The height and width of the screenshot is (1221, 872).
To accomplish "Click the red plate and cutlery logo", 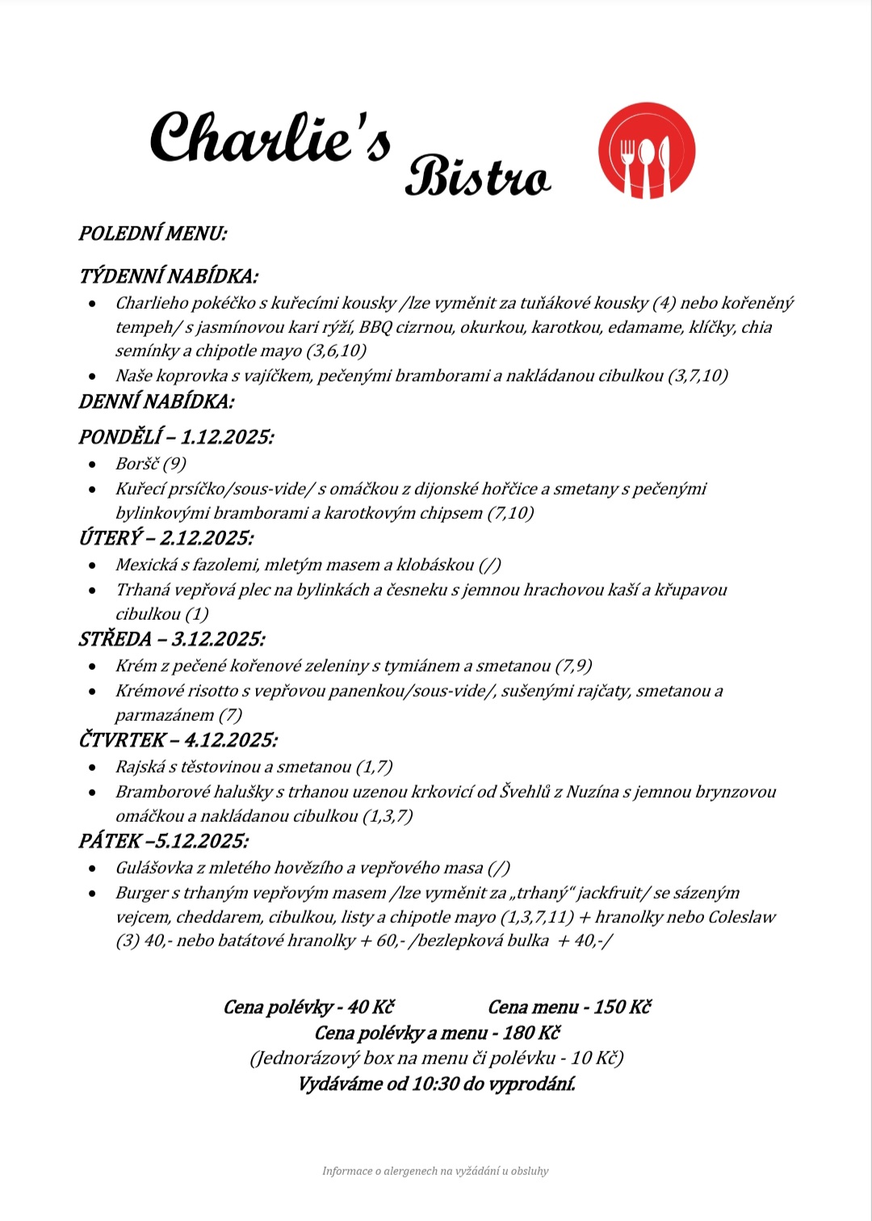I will [x=646, y=150].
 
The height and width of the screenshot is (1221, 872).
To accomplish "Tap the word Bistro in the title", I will [x=477, y=177].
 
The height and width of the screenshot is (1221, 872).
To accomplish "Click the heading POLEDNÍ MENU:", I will [x=153, y=234].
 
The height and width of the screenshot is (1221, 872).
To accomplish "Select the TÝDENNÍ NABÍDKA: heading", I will [x=168, y=276].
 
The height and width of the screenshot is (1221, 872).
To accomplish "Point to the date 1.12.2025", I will [x=227, y=437].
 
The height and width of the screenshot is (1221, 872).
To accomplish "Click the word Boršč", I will [x=137, y=464].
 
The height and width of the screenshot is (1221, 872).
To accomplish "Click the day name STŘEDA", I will [x=115, y=639].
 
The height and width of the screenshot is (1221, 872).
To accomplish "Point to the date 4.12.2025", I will [x=231, y=740].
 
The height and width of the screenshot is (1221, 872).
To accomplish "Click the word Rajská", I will [x=139, y=767].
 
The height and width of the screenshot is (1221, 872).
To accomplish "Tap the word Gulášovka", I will [x=154, y=868].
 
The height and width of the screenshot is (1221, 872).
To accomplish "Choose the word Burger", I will [x=141, y=893].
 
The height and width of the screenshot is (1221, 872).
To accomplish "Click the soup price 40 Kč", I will [x=371, y=1007].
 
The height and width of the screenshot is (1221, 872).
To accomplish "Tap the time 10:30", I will [x=435, y=1084].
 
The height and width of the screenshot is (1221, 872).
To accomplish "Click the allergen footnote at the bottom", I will [x=435, y=1171].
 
